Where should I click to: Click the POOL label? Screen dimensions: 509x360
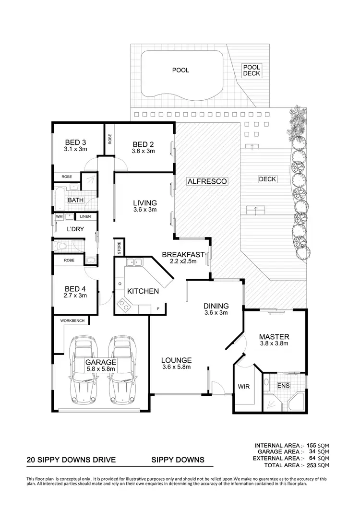point(180,70)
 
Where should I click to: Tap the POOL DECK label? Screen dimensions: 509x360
point(251,71)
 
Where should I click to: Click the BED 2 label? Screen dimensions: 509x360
point(143,144)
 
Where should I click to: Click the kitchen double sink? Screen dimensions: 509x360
point(132,262)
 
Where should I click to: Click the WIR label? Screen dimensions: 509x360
point(242,386)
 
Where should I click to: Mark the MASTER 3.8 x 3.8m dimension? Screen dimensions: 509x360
point(273,343)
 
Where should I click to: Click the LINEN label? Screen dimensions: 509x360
point(86,217)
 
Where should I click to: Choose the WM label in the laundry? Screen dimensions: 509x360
point(60,217)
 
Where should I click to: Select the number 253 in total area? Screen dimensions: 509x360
point(312,465)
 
